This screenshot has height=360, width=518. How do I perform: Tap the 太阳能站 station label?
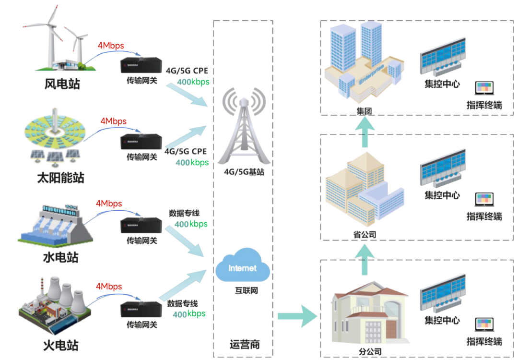pyautogui.click(x=60, y=178)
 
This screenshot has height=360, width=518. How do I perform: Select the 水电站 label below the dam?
pyautogui.click(x=60, y=258)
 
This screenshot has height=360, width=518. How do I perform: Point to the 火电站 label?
pyautogui.click(x=60, y=345)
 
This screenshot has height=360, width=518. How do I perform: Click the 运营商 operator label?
pyautogui.click(x=245, y=344)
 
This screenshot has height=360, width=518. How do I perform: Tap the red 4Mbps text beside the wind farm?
pyautogui.click(x=111, y=46)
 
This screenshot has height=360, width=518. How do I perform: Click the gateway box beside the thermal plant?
pyautogui.click(x=141, y=310)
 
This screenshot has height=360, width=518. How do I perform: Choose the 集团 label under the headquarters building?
pyautogui.click(x=365, y=111)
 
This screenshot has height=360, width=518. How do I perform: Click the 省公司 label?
pyautogui.click(x=365, y=234)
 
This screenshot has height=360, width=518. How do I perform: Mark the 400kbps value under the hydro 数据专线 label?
pyautogui.click(x=191, y=224)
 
